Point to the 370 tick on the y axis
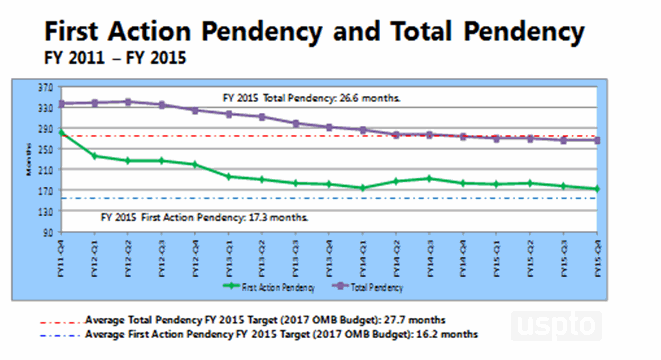[46, 89]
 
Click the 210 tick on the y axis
[46, 171]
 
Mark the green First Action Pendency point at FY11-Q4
[62, 132]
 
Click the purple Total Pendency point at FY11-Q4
[62, 104]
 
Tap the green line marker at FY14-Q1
[363, 187]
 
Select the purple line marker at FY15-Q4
[598, 140]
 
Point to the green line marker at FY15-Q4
[598, 188]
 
